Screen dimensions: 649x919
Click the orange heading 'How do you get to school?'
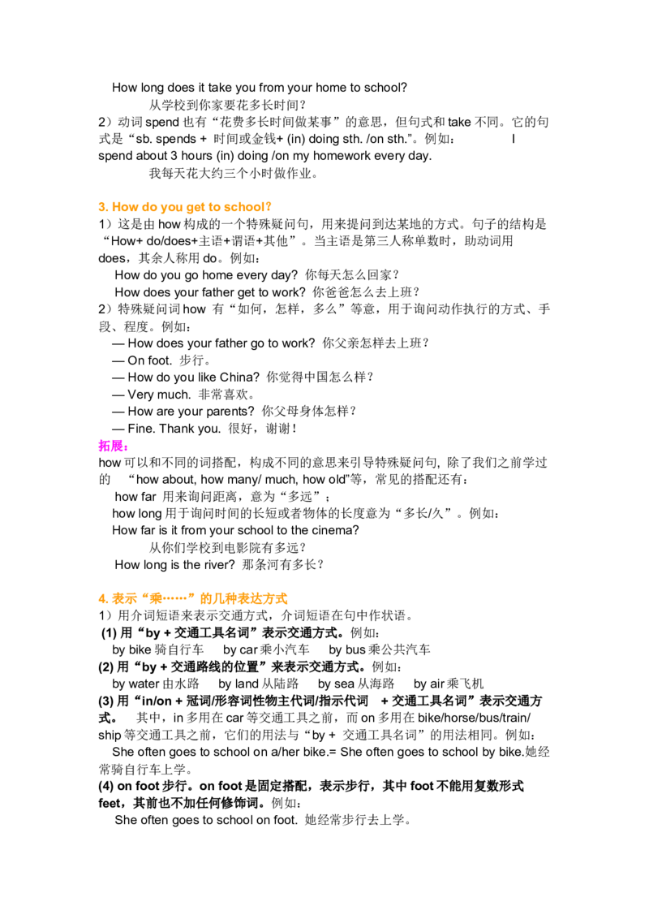pos(191,207)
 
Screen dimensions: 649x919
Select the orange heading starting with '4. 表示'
pos(193,598)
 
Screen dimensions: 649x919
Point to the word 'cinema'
pos(336,530)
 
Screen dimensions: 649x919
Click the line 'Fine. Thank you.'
pos(174,429)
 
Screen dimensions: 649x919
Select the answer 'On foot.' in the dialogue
pos(150,360)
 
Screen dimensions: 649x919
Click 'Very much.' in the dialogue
pos(159,395)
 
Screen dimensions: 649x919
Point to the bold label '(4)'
pos(106,786)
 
